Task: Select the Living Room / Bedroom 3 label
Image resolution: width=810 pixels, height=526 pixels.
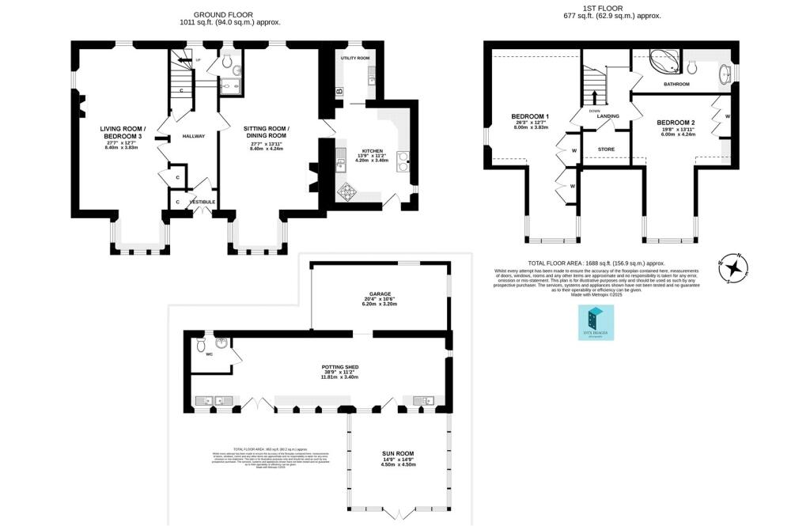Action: pos(123,132)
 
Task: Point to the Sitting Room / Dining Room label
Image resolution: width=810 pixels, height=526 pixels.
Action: pos(266,132)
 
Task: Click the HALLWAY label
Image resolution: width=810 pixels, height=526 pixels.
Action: pos(194,136)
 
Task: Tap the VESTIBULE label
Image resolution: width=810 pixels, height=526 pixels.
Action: pos(202,202)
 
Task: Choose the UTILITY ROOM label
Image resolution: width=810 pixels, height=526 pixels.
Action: pos(355,59)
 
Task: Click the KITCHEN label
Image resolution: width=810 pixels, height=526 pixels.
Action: pos(372,150)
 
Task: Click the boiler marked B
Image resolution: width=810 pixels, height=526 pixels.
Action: pos(340,92)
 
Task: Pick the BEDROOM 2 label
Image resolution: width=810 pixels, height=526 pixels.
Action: pos(676,123)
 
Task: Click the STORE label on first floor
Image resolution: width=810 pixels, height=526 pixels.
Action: pos(606,149)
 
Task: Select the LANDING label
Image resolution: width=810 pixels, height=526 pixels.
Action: pos(607,116)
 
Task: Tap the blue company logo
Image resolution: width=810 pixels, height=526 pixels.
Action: pos(596,323)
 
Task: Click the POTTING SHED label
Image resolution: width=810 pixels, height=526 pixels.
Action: pos(340,368)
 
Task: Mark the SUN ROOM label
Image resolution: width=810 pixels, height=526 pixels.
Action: pos(398,455)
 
